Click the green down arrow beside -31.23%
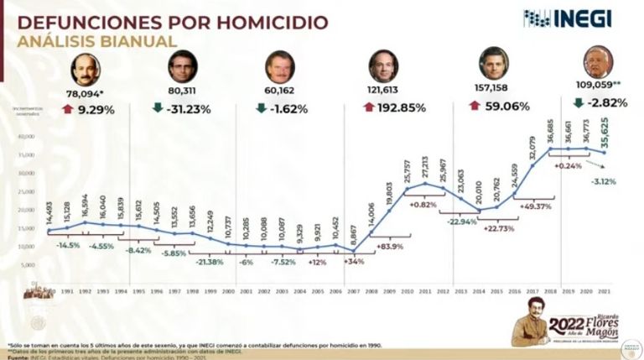157,107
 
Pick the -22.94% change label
460,222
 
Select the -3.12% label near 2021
603,181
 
